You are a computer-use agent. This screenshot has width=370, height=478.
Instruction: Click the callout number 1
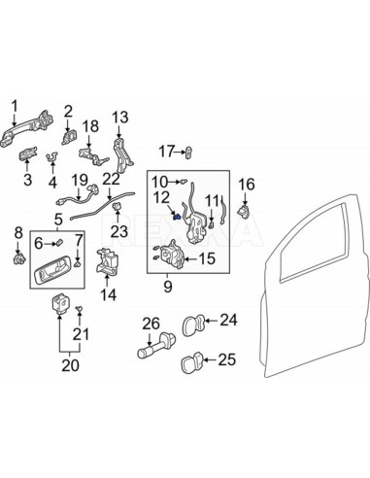tap(14, 104)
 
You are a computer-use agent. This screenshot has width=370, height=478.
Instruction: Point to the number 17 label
tap(167, 151)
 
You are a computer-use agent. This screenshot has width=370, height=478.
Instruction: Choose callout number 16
tap(246, 184)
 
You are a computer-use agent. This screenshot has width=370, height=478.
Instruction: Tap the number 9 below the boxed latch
tap(167, 287)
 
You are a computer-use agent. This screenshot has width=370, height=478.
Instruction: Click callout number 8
tap(16, 231)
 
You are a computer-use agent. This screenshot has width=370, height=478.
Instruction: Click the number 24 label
tap(227, 319)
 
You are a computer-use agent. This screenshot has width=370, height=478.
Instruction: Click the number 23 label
tap(118, 231)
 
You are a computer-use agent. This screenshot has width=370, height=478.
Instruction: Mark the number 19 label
tap(80, 179)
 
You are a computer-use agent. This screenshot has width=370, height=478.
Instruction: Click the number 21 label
tap(81, 335)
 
